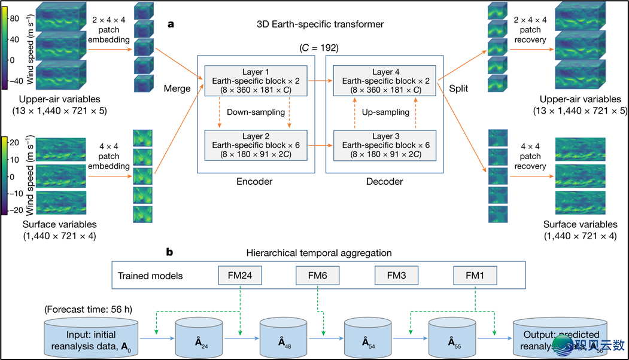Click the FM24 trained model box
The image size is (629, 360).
coord(240,276)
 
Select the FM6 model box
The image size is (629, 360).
coord(318,276)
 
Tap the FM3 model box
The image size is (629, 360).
coord(396,276)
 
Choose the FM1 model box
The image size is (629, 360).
coord(475,276)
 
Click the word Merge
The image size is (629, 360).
coord(177,89)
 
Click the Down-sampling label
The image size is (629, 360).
coord(255,112)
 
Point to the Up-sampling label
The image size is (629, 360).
coord(385,112)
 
